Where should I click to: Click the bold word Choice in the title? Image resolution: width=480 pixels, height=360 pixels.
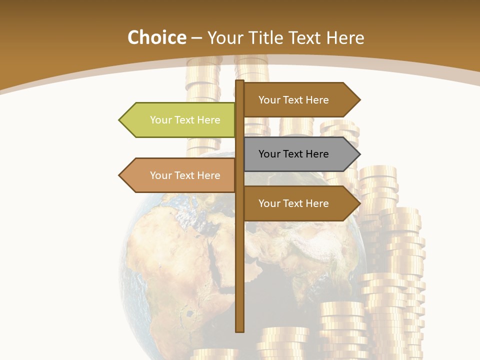point(156,38)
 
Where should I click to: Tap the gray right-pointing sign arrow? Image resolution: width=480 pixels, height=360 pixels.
point(300,154)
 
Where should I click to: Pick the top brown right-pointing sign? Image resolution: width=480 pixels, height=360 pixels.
point(300,100)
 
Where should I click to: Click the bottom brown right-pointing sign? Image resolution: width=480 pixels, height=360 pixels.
point(300,203)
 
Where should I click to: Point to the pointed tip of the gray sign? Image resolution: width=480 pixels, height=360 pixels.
point(359,154)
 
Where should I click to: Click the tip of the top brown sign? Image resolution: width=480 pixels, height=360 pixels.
point(359,100)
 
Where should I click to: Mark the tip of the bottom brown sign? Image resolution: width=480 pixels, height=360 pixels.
point(359,203)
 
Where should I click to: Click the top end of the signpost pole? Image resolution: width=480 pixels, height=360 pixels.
point(240,82)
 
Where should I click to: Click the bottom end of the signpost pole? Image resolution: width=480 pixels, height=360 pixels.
point(240,330)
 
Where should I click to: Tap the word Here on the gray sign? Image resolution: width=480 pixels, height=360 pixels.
point(316,154)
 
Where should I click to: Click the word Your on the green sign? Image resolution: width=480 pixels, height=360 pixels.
point(160,120)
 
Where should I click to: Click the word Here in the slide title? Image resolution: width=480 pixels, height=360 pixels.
point(345,38)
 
